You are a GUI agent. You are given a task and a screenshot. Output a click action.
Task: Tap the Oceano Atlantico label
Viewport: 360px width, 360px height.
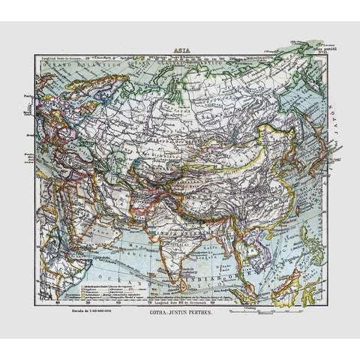coord(71,68)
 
